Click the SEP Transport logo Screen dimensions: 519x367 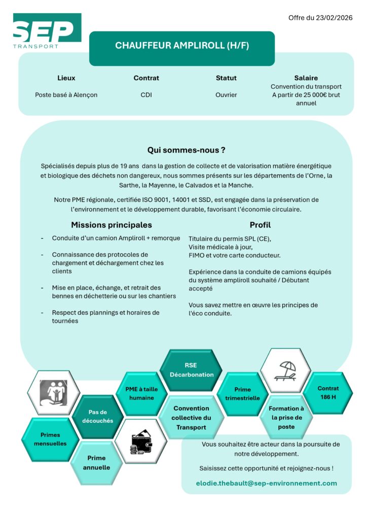coord(47,31)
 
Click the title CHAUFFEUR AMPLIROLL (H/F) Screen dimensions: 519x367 coord(182,46)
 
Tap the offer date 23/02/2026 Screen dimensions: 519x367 coord(320,18)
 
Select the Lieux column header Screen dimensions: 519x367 coord(66,78)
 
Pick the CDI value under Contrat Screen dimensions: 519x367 coord(146,95)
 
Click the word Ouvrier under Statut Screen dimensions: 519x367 coord(226,95)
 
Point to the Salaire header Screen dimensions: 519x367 coord(306,78)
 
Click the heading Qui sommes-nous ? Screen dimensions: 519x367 coord(186,150)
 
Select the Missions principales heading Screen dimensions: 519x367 coord(111,225)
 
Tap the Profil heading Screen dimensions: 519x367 coord(260,225)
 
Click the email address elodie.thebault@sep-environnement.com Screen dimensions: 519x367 coord(266,483)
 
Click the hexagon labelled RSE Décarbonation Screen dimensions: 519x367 coord(191,370)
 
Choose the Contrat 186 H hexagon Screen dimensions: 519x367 coord(328,393)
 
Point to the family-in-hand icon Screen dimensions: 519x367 coord(53,393)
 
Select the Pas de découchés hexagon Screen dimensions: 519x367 coord(97,417)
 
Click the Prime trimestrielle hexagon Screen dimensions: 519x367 coord(242,394)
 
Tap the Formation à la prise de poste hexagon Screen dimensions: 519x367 coord(286,417)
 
